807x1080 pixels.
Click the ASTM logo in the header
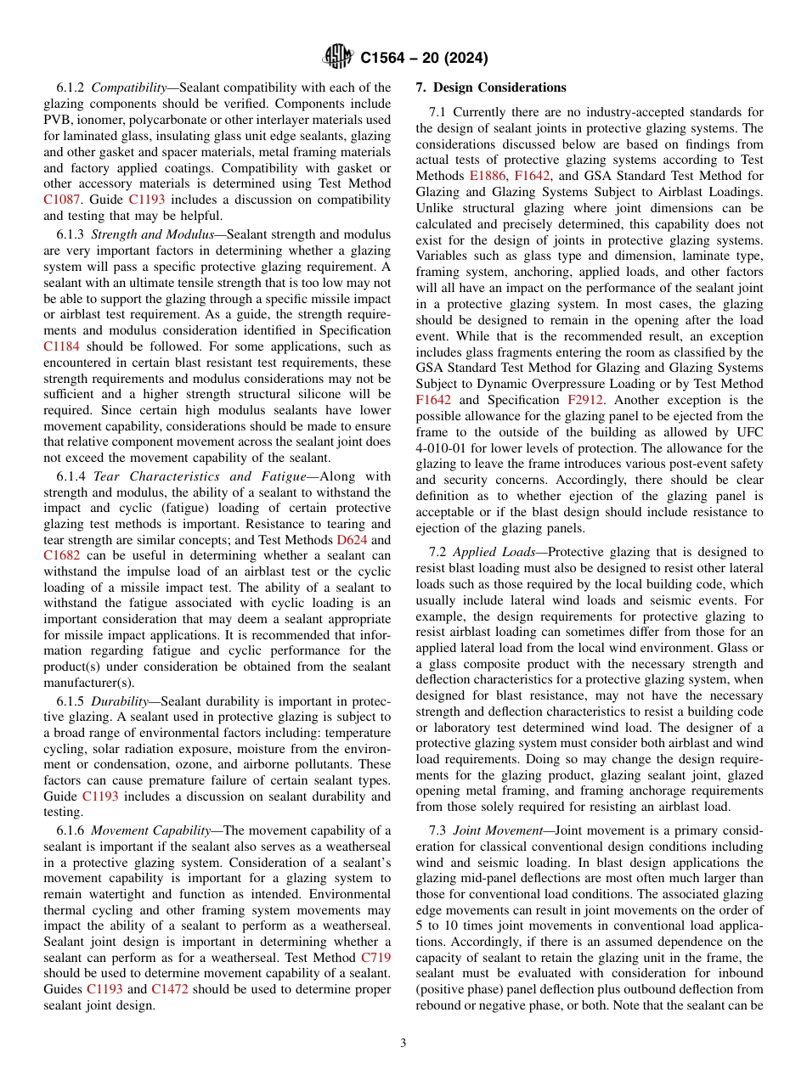(337, 58)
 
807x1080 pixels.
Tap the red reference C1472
(170, 990)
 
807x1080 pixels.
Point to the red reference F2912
(585, 400)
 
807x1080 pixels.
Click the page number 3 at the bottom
(403, 1043)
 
